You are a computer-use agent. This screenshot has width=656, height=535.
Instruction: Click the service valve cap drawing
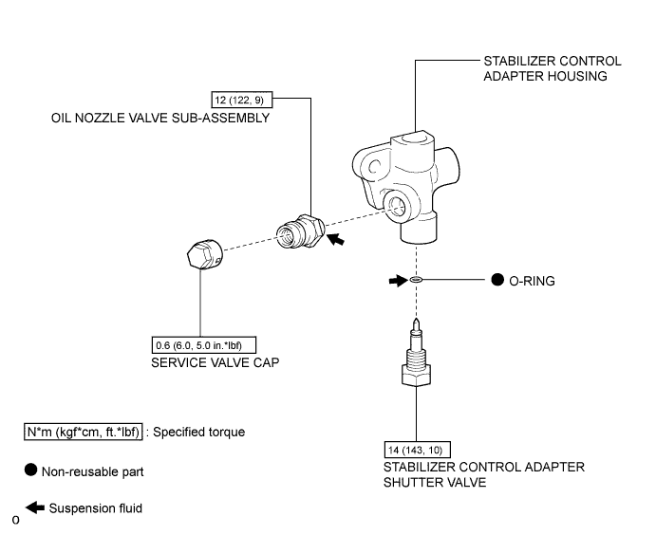click(x=202, y=255)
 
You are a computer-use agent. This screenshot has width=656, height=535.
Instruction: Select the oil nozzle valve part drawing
click(x=299, y=232)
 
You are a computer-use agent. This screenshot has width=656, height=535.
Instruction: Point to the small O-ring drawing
click(x=416, y=281)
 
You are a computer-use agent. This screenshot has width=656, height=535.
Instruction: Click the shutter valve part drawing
click(x=416, y=356)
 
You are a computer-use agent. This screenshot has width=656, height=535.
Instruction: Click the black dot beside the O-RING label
click(x=498, y=281)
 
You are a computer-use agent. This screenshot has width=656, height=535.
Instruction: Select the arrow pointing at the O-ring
click(x=394, y=281)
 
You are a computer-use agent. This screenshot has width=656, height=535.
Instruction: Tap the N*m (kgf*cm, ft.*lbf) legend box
click(x=84, y=432)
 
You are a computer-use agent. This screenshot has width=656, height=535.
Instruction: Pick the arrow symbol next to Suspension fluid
click(x=34, y=507)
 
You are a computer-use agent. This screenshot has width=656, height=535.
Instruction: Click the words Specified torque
click(x=200, y=432)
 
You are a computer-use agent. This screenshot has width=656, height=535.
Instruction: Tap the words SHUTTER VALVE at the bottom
click(x=435, y=483)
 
